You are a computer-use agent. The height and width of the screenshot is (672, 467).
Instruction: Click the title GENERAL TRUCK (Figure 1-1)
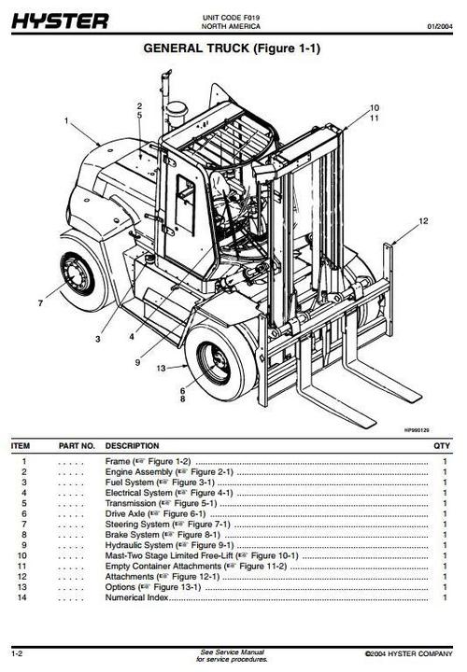pos(232,49)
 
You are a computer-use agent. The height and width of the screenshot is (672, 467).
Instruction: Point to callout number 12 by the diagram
pos(423,221)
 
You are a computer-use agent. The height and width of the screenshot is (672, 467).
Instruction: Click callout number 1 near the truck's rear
pos(66,120)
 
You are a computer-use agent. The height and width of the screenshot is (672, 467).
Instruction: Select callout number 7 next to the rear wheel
pos(40,302)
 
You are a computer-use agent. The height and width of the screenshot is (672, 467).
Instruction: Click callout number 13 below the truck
pos(160,368)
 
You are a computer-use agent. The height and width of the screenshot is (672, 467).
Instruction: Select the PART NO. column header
pos(78,446)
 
